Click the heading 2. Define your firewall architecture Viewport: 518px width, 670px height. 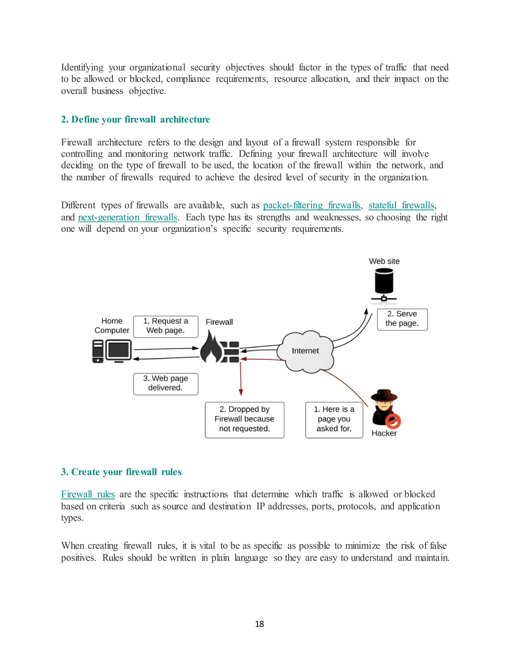(x=135, y=119)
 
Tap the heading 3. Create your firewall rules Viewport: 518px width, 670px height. (x=121, y=472)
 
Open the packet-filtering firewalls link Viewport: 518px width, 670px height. (x=311, y=205)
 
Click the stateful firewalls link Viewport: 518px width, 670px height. (x=401, y=205)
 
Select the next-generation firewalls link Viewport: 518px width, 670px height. (x=128, y=217)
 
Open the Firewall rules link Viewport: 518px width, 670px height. (x=88, y=494)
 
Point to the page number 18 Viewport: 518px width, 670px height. (x=259, y=624)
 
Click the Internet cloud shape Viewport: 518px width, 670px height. (x=305, y=351)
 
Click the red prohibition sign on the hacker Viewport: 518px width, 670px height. (x=393, y=421)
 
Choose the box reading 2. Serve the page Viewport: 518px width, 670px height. (x=402, y=319)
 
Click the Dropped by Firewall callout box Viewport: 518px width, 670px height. (x=245, y=420)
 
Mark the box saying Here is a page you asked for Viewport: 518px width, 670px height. (x=334, y=420)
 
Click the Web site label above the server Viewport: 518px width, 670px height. (x=384, y=261)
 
